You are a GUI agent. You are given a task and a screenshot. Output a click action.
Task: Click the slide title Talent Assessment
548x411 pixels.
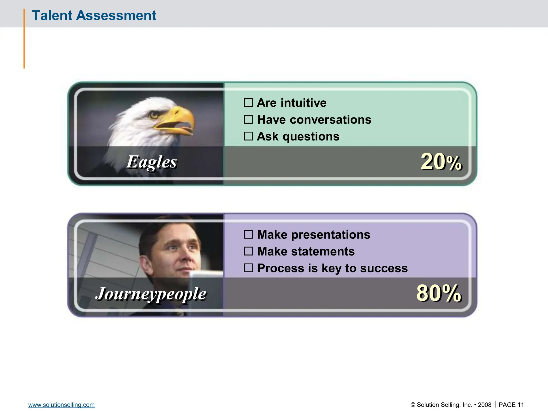coord(94,15)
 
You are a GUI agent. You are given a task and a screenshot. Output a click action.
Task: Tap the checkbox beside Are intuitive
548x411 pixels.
coord(248,102)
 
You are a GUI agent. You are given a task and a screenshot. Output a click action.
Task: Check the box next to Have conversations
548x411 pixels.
coord(248,119)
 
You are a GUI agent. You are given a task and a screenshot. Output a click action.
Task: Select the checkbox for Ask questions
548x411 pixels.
coord(248,136)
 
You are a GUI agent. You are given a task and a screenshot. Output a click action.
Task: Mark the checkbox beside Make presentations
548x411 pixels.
coord(248,234)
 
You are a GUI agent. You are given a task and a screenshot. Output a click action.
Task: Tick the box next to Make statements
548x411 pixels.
coord(248,251)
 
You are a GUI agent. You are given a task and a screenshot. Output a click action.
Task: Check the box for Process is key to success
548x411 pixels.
coord(248,268)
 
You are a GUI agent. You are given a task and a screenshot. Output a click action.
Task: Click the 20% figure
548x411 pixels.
coord(441,162)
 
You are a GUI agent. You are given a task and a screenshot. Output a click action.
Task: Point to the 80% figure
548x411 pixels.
coord(439,293)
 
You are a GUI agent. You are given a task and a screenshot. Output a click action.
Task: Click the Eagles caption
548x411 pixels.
coord(151,162)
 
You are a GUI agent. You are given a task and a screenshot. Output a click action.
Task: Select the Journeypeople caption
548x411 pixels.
coord(151,294)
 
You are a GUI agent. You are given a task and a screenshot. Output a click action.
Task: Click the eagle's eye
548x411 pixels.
coord(154,115)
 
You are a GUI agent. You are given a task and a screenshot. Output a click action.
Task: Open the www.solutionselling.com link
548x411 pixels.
coord(61,405)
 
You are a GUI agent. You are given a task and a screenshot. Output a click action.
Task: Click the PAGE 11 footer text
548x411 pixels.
coord(511,405)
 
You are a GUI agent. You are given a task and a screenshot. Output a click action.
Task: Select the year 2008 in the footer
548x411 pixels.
coord(485,405)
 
